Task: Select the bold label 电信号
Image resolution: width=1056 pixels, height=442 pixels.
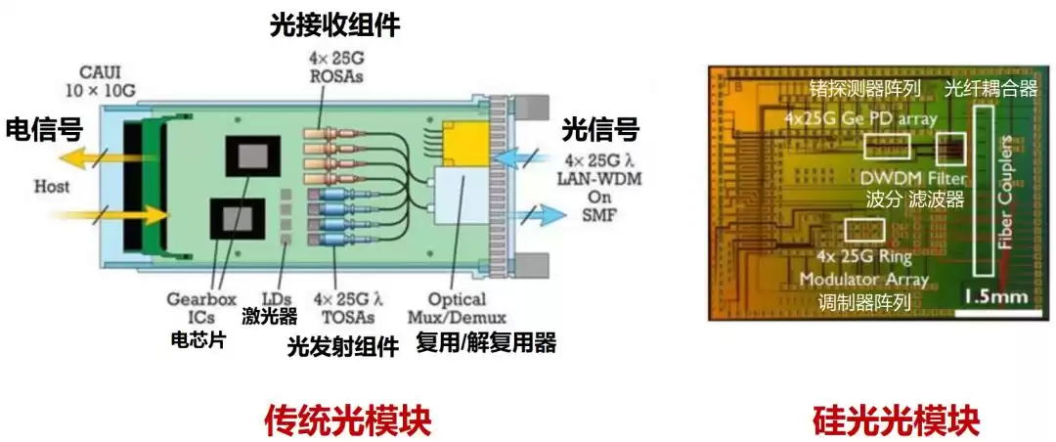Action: point(43,129)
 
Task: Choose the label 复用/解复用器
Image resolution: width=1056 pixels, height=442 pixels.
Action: point(486,343)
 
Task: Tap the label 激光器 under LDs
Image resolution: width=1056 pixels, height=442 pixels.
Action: point(269,315)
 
